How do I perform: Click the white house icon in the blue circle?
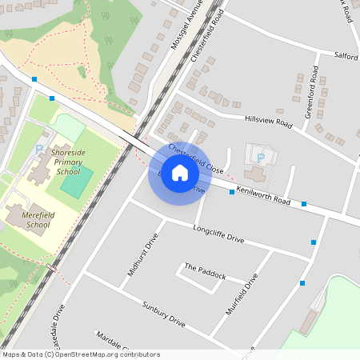(180, 173)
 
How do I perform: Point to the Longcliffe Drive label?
(218, 233)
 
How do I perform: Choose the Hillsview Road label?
(267, 121)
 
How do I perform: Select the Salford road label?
(346, 55)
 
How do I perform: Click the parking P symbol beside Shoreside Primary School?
(38, 149)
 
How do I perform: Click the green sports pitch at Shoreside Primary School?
(76, 182)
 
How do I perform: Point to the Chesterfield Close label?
(195, 158)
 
